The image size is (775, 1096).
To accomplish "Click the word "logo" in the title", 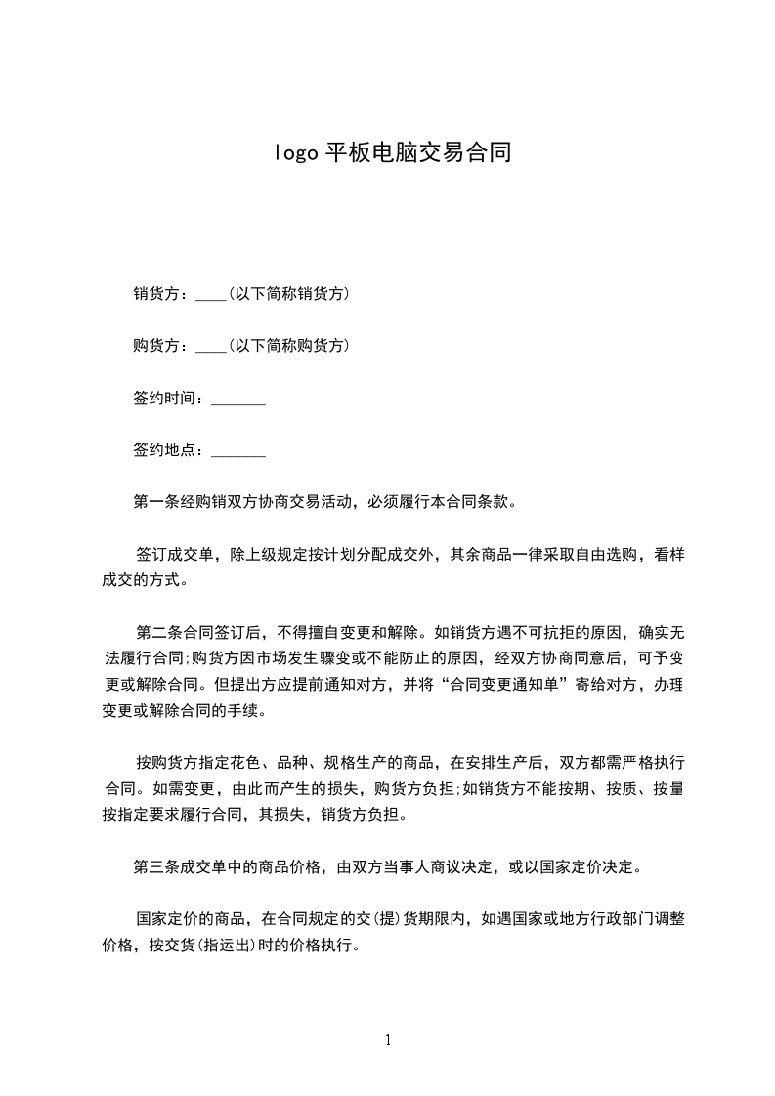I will click(x=292, y=153).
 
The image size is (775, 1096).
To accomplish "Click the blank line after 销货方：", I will click(x=210, y=294).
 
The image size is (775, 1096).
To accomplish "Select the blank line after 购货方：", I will click(x=210, y=346).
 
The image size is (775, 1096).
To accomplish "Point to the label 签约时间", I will click(x=164, y=399).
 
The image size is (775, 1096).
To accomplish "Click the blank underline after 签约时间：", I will click(x=238, y=400).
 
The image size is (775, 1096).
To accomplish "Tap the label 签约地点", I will click(x=164, y=451).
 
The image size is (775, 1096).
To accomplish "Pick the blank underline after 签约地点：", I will click(x=238, y=452).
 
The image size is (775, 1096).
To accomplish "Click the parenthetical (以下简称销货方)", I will click(x=288, y=294).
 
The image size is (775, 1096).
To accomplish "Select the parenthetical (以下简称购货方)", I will click(x=288, y=346).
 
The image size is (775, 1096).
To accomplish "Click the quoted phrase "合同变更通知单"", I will click(x=509, y=686).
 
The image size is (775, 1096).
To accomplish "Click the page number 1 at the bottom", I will click(x=388, y=1041).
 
